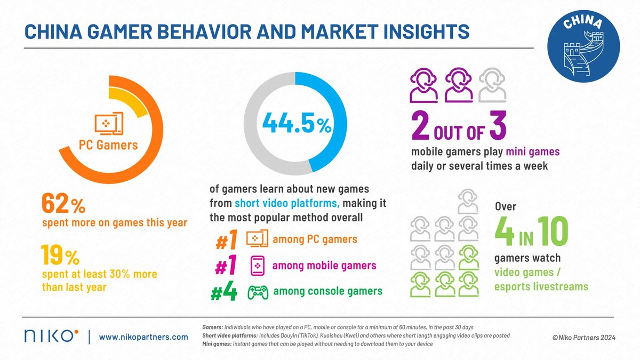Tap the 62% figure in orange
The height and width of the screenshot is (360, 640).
(62, 204)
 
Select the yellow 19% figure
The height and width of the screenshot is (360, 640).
(60, 257)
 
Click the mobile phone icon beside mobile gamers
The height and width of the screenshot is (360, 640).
(258, 265)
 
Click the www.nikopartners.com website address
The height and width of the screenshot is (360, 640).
(143, 337)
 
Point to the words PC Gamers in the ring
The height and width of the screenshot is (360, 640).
(109, 145)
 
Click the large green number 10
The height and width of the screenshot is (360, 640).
(553, 230)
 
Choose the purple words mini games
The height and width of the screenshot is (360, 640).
(533, 152)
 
